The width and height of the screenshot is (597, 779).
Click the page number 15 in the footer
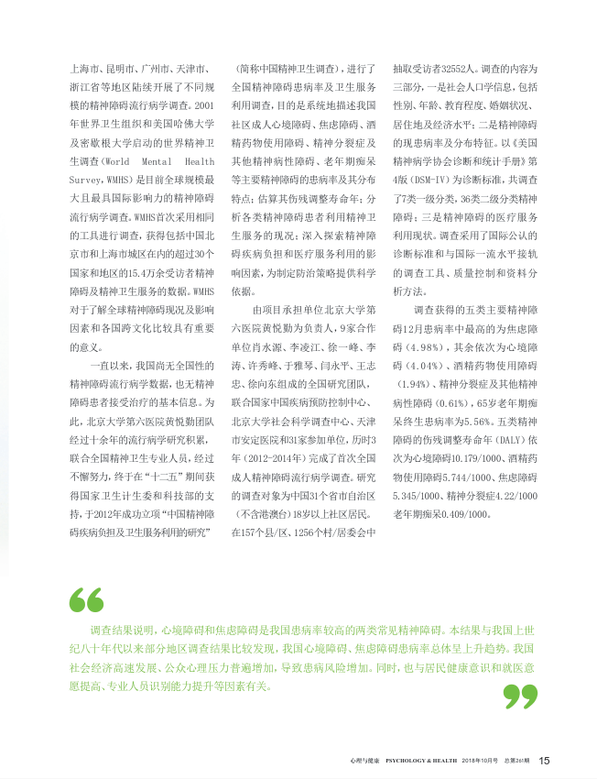pos(544,760)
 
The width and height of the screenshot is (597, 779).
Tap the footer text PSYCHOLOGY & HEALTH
pos(418,761)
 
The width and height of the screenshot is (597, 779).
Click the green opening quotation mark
pos(87,600)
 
